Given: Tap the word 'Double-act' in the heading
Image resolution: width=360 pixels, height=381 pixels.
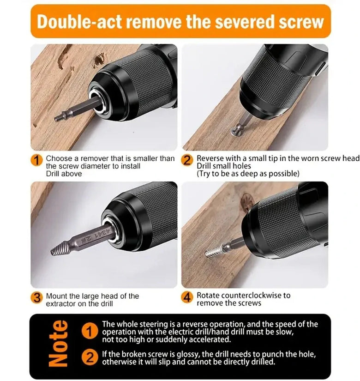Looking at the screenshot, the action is tap(79, 21).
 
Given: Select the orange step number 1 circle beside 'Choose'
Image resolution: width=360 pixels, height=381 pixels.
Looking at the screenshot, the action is tap(36, 160).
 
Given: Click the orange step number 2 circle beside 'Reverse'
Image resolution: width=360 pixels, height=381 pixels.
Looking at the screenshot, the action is tap(187, 160).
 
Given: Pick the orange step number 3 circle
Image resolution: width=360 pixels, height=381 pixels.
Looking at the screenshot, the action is tap(36, 297).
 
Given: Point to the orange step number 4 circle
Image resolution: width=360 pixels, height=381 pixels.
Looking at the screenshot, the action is tap(187, 297).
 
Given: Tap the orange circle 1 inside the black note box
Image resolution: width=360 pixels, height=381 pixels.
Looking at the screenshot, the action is tap(90, 331).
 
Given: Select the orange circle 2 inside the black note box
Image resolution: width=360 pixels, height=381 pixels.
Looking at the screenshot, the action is tap(90, 357).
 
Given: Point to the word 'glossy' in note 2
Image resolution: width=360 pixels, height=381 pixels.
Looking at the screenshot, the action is tap(188, 355).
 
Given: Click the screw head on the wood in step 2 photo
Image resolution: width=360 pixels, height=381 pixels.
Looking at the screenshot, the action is tap(235, 132).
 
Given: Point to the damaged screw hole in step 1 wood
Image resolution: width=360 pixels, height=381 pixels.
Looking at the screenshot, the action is tap(99, 60).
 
